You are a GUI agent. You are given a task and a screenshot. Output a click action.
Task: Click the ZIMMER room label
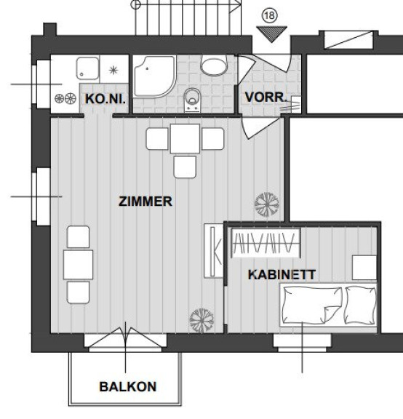click(145, 201)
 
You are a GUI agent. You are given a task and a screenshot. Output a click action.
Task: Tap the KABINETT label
click(282, 275)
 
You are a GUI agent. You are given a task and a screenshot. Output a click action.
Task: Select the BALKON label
click(128, 387)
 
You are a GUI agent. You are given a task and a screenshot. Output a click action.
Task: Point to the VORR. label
click(266, 97)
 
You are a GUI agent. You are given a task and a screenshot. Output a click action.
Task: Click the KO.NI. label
click(105, 99)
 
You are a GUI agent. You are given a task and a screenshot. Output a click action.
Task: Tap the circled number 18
click(270, 16)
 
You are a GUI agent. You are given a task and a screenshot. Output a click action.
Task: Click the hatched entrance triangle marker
click(271, 34)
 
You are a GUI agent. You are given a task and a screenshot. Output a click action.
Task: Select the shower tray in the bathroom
click(154, 76)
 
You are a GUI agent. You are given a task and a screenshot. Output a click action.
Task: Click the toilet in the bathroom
click(192, 100)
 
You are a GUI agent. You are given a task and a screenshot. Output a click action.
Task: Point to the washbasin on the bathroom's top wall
click(214, 65)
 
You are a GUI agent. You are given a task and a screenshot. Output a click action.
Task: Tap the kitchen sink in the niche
click(87, 68)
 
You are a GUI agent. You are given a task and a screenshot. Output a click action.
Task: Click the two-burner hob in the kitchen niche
click(65, 99)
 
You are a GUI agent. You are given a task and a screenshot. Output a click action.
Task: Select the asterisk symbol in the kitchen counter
click(113, 71)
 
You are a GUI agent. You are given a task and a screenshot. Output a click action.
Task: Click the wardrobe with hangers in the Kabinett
click(266, 243)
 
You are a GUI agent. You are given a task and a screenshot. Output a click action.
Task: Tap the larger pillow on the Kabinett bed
click(312, 305)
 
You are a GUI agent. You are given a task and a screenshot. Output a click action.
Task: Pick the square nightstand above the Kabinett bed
click(364, 268)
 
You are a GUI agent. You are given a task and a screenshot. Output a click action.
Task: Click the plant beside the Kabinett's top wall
click(267, 204)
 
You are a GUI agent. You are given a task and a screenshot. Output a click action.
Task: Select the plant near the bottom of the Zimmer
click(201, 320)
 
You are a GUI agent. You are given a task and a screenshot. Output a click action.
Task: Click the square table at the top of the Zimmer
click(185, 139)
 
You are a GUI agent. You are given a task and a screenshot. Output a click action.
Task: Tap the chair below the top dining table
click(185, 167)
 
